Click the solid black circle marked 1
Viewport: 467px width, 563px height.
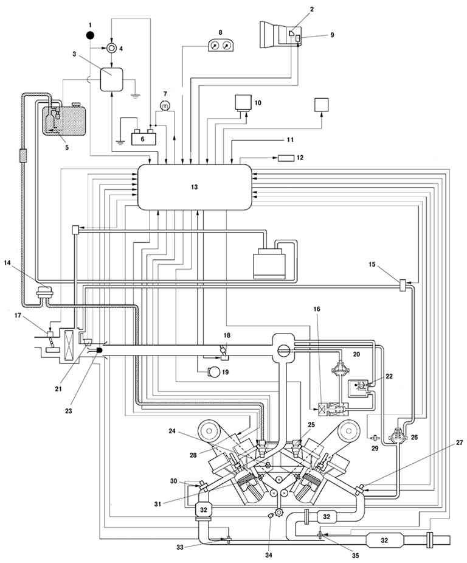coord(90,35)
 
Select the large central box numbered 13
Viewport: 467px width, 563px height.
coord(195,187)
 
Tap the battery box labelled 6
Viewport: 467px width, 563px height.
coord(143,138)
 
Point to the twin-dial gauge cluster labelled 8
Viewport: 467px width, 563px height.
coord(221,45)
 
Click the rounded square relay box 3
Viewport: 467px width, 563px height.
coord(111,79)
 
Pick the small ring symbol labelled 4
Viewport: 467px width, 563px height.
coord(111,48)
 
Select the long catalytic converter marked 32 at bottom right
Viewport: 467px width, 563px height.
coord(384,540)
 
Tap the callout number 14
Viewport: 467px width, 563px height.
coord(7,262)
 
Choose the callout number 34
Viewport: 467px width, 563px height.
coord(269,555)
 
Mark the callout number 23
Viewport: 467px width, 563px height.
coord(68,410)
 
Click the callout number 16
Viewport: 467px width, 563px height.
coord(317,309)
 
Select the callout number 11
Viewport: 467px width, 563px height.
coord(291,139)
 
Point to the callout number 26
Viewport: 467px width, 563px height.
coord(414,438)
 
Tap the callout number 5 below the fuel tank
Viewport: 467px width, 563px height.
coord(67,147)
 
